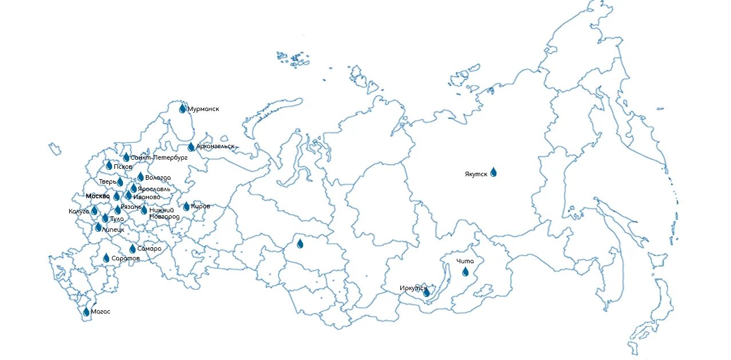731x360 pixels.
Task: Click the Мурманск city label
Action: point(203,109)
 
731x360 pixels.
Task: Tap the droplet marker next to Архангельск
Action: point(191,147)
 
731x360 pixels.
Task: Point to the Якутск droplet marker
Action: point(493,172)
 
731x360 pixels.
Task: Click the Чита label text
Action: point(465,262)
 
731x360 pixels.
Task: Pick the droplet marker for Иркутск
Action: point(426,292)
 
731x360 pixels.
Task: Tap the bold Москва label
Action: point(97,196)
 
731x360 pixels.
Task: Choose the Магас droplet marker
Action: point(86,312)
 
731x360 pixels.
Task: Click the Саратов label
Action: point(125,259)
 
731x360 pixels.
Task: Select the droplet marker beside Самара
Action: point(133,249)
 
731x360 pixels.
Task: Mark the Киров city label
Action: point(200,206)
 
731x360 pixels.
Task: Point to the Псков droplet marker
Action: point(109,165)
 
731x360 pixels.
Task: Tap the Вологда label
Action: point(158,178)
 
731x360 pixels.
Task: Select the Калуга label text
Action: point(79,211)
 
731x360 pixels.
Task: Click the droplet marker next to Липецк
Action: point(98,227)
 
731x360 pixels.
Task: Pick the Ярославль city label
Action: point(154,189)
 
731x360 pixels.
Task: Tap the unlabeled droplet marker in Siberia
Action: point(300,244)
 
